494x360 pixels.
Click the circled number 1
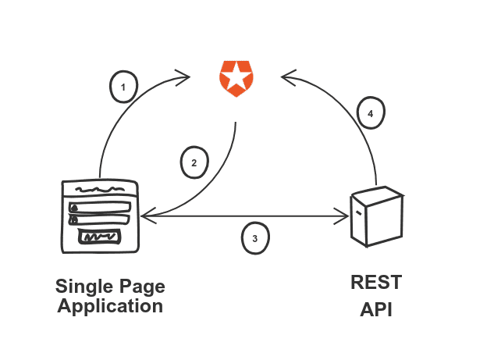(x=123, y=87)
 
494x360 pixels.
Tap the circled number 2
(x=194, y=162)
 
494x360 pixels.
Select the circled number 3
(x=254, y=238)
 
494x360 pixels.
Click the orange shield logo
(x=234, y=77)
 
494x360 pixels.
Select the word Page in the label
(x=142, y=286)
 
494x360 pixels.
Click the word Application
(x=110, y=306)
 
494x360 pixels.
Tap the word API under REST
(x=376, y=310)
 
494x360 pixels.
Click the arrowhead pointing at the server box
(x=344, y=216)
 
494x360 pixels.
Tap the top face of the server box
(x=378, y=194)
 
